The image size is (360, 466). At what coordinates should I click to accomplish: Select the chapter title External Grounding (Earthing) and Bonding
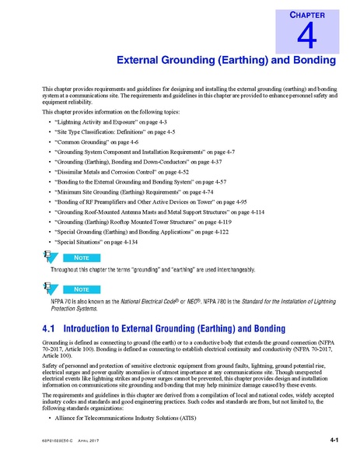pyautogui.click(x=225, y=60)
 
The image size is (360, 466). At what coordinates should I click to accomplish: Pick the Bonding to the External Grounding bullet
pyautogui.click(x=129, y=179)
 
